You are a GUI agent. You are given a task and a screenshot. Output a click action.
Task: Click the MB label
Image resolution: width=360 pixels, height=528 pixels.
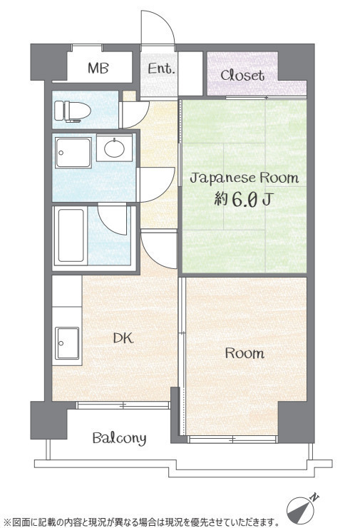coord(98,68)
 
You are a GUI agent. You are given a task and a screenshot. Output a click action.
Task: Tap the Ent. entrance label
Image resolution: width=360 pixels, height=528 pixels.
coord(162,68)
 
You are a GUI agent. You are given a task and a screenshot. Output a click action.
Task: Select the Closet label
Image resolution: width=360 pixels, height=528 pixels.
coord(242,75)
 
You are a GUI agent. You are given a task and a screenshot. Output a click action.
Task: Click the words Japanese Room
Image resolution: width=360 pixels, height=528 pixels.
coord(245,178)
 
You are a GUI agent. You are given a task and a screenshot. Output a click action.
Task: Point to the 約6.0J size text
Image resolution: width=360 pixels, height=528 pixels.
coord(243,200)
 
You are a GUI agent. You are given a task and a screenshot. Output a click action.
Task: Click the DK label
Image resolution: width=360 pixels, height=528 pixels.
coord(123,338)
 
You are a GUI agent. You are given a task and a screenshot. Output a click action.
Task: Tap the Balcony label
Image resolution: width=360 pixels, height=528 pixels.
coord(119,438)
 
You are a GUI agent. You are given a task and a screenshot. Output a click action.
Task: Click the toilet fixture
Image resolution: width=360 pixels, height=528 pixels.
coord(73,111)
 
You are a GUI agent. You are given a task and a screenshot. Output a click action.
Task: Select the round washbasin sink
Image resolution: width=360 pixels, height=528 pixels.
coord(114,148)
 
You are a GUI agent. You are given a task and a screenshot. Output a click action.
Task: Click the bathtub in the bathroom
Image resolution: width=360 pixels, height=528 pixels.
coord(71,235)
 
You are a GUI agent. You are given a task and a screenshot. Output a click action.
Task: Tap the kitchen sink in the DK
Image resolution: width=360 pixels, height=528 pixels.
coord(67,343)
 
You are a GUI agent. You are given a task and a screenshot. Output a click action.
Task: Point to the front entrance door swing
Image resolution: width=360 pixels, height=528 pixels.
coord(158,28)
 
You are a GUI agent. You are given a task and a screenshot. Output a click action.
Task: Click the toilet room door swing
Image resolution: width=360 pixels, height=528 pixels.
coord(135,114)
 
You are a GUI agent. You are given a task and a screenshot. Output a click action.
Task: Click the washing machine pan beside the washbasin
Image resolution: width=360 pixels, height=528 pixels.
coord(73,153)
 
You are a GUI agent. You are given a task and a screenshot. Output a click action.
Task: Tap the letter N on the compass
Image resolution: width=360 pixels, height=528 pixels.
coord(314,497)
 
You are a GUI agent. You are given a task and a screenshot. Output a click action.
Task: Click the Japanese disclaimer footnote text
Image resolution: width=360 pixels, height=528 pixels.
coord(142,522)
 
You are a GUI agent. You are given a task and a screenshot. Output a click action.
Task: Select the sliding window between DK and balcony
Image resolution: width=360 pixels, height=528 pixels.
coord(123,405)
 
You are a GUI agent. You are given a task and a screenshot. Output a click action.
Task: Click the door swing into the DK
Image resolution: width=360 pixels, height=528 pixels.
coord(159,250)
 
